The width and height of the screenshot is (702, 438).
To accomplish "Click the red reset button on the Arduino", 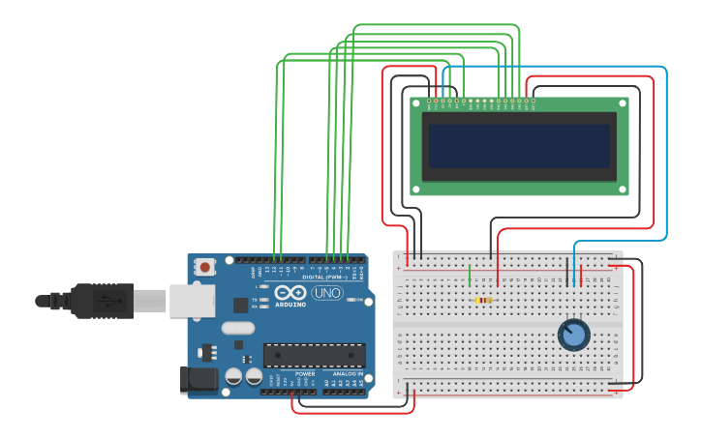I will (204, 267).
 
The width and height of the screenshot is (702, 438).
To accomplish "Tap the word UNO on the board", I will (326, 292).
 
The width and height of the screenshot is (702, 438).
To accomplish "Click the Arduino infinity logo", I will (290, 292).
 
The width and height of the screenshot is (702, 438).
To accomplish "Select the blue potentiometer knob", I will (573, 335).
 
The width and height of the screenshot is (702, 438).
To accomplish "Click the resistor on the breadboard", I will (483, 300).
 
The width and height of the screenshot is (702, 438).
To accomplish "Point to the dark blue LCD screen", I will (519, 146).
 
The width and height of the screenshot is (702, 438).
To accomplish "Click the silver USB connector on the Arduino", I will (192, 301).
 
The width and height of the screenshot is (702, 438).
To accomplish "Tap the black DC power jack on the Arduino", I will (199, 379).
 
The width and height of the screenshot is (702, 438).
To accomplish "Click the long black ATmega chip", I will (314, 355).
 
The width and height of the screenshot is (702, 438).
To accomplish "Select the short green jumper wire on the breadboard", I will (470, 275).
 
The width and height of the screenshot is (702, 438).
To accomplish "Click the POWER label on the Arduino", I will (305, 373).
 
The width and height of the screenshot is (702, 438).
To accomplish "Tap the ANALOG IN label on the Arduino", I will (347, 373).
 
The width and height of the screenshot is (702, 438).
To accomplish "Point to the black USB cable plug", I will (102, 301).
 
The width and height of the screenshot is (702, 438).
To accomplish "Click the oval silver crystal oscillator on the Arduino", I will (237, 328).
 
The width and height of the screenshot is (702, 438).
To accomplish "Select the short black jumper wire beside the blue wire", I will (567, 272).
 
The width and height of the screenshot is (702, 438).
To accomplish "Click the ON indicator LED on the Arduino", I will (356, 300).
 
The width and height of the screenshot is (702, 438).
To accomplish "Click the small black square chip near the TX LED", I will (240, 305).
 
